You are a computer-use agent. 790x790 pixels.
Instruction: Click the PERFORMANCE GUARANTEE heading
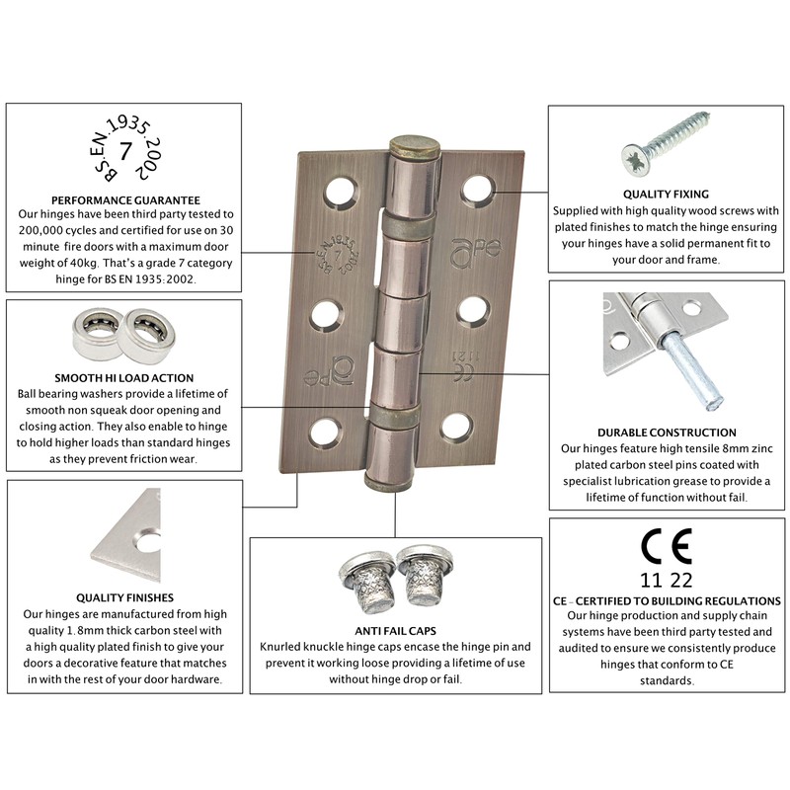coord(125,198)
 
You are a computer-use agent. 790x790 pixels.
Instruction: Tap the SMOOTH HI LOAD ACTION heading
coord(125,377)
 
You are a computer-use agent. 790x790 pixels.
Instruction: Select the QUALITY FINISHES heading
coord(125,597)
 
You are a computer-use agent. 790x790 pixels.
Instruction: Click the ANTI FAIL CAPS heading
coord(395,631)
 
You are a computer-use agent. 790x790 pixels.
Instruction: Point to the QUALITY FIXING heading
coord(666,195)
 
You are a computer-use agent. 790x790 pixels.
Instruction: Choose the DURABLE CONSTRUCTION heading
coord(667,433)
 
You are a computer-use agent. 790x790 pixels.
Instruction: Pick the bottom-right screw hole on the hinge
coord(455,427)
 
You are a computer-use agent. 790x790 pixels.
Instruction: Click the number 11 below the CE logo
coord(652,581)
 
